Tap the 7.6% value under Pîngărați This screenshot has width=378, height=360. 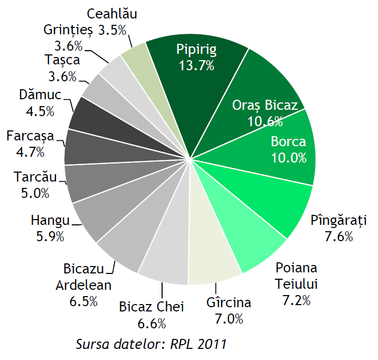(339, 236)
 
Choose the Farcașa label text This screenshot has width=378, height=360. (30, 136)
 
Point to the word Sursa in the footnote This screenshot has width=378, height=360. (93, 345)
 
